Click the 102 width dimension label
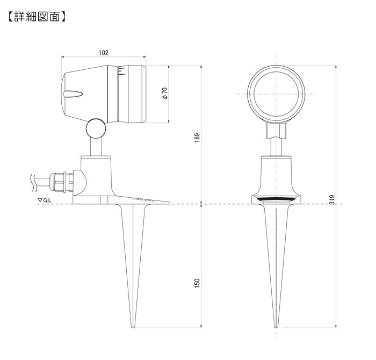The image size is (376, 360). (104, 53)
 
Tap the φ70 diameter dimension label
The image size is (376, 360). (165, 93)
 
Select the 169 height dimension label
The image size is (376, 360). (197, 138)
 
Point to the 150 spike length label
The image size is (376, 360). (197, 283)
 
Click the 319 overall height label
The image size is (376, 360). (332, 199)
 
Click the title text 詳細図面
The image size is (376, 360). (37, 17)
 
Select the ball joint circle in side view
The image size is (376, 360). (96, 128)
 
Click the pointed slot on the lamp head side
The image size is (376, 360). (74, 94)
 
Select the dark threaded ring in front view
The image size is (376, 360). (276, 199)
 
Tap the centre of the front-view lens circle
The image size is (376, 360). (276, 94)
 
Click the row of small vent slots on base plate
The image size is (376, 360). (143, 199)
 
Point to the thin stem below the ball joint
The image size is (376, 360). (96, 147)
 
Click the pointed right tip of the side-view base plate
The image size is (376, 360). (170, 203)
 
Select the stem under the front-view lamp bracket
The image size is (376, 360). (276, 147)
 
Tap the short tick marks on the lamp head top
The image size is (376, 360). (121, 71)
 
